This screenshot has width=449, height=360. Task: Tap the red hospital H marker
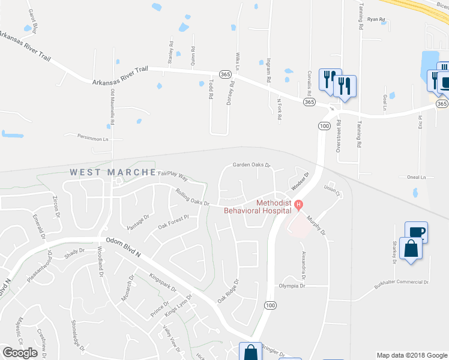(x=298, y=204)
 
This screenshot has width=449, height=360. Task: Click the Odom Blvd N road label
(x=123, y=246)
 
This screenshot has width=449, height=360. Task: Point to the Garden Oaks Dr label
(x=252, y=166)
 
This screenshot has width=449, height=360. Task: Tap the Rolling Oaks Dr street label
(x=192, y=198)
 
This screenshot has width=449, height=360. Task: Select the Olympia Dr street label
(x=292, y=286)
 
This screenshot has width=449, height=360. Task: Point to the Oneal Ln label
(x=420, y=177)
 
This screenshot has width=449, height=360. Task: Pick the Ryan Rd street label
(x=376, y=19)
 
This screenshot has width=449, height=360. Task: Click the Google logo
(x=20, y=353)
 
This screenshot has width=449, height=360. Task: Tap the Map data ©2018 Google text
(x=411, y=355)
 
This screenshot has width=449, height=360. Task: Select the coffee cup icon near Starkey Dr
(x=416, y=231)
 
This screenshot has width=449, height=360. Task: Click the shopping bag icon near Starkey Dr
(x=411, y=248)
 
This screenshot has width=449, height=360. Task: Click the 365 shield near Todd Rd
(x=225, y=74)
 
